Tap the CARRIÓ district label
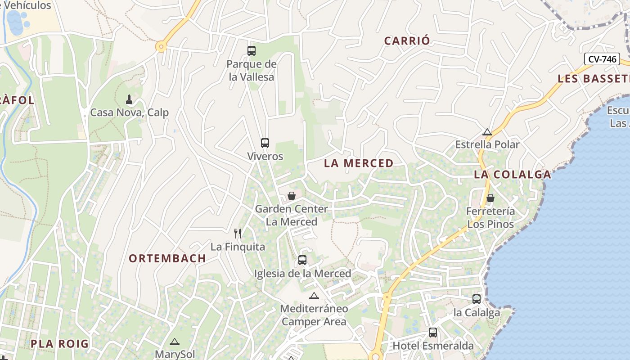pos(407,40)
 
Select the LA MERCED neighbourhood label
pos(359,163)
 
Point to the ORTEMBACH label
pos(167,258)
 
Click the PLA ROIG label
pos(60,344)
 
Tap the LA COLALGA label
pos(512,175)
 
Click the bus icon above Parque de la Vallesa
pos(252,51)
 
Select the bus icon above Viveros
pos(265,143)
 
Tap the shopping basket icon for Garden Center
pos(292,196)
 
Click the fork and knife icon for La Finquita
pos(238,233)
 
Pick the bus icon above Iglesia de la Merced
pos(302,260)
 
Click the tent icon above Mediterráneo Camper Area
pos(314,296)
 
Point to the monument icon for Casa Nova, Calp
pos(129,99)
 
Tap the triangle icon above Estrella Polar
pos(487,132)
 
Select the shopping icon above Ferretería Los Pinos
pos(490,198)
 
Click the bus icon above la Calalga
pos(477,299)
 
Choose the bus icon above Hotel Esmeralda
pos(433,333)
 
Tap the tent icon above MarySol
pos(175,342)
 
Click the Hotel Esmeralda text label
pos(433,346)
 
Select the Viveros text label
pos(265,157)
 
